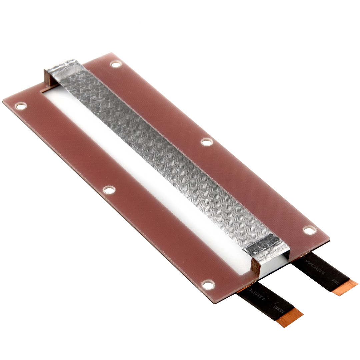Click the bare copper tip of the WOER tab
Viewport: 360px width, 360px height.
(x=345, y=288)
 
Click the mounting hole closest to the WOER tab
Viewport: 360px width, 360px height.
(x=309, y=230)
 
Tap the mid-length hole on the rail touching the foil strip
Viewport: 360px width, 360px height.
(x=207, y=142)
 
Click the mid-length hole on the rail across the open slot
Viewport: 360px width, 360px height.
(x=109, y=190)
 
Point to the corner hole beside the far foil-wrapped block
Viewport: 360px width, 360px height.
(x=116, y=64)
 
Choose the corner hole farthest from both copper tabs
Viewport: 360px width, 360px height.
(x=21, y=106)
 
